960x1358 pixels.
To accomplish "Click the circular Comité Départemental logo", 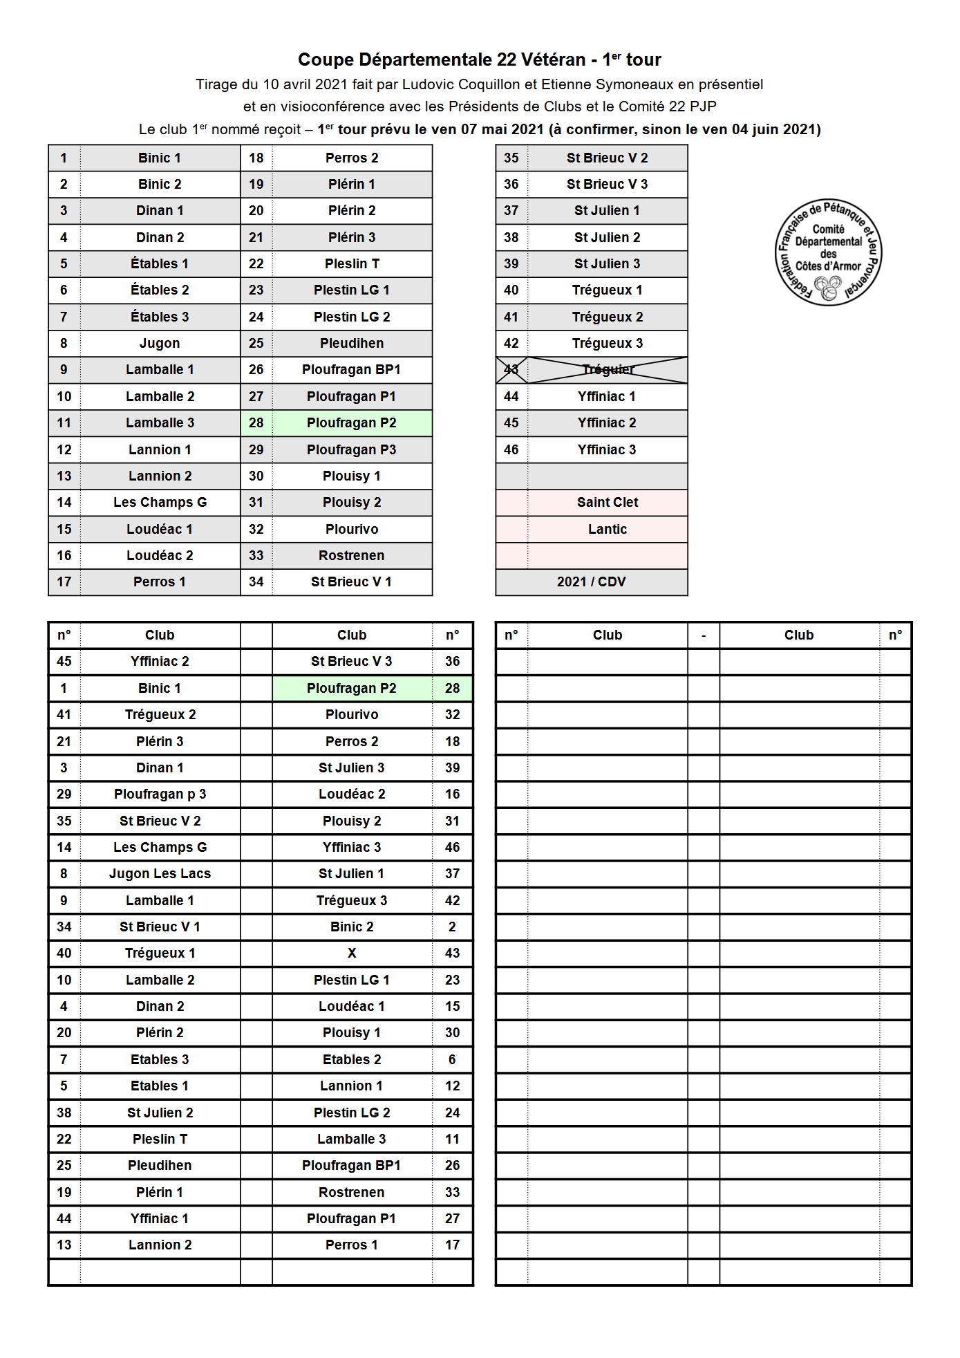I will coord(828,252).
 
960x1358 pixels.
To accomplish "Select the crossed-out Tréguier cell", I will coord(608,370).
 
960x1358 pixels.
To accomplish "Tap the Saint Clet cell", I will coord(608,503).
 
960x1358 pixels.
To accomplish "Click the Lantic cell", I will coord(608,529).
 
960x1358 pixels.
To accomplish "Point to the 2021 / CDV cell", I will coord(591,582).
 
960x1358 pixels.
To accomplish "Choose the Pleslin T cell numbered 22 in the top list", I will coord(352,263).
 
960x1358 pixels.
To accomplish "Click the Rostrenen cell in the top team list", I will coord(352,555).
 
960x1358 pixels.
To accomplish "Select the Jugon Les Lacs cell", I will coord(160,873).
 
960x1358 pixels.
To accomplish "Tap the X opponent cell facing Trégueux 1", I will coord(352,953).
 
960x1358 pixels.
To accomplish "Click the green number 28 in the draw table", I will coord(452,688).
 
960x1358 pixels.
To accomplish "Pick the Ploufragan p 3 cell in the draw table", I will coord(160,794).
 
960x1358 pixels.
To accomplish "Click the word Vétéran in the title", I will coord(553,59).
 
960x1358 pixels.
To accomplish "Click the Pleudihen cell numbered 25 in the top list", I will coord(352,343).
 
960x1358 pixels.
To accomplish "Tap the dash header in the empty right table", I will coord(704,635).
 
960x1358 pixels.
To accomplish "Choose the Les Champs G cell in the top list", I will coord(160,503).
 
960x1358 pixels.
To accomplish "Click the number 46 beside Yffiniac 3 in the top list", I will coord(511,449).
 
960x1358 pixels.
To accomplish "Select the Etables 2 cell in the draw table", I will coord(352,1059).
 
